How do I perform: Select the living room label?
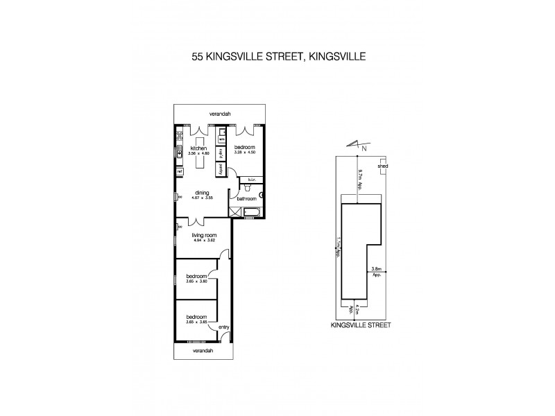point(205,236)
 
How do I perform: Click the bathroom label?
point(247,199)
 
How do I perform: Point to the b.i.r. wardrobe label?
point(250,179)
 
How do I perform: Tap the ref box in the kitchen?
point(179,171)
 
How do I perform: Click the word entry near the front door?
point(223,327)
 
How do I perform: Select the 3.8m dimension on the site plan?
point(377,268)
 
